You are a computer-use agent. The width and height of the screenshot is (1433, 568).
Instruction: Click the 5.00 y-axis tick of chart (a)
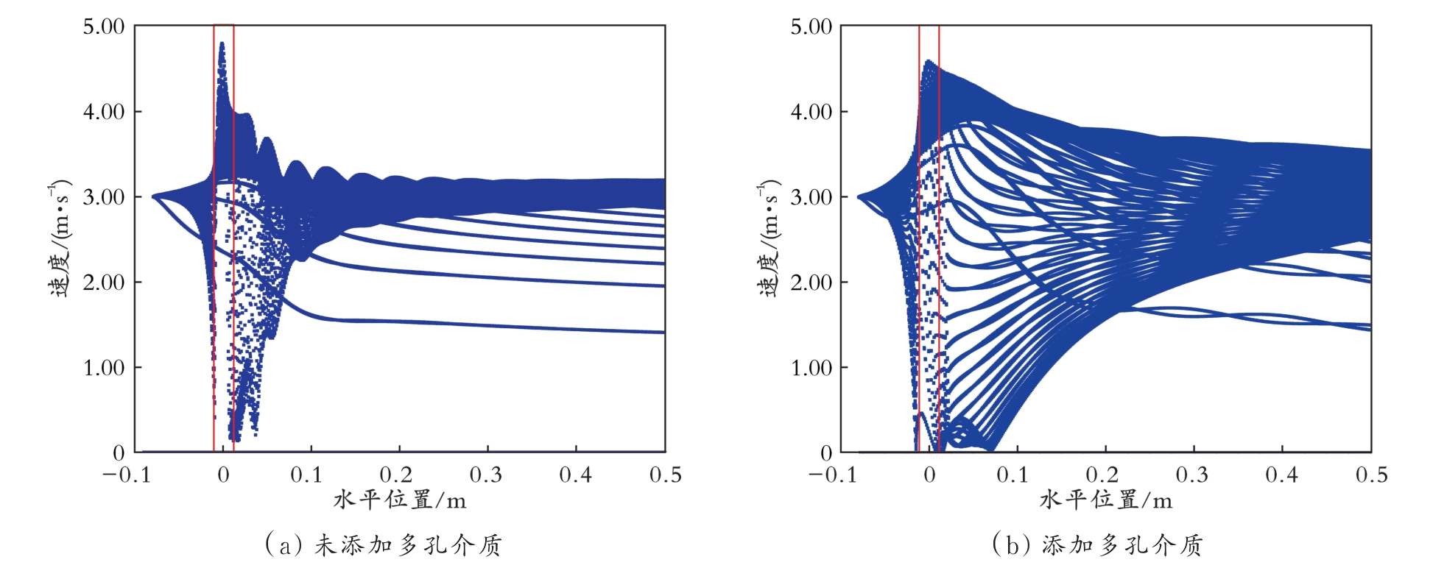(103, 27)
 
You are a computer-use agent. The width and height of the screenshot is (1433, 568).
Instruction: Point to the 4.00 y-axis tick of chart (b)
(811, 113)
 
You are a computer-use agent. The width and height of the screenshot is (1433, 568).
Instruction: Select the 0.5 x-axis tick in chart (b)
(1371, 475)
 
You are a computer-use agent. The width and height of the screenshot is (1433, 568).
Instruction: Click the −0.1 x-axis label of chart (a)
(126, 475)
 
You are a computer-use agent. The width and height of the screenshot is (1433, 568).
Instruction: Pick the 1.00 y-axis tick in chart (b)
(811, 368)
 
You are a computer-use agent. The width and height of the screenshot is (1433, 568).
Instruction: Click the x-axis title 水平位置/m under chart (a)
(400, 501)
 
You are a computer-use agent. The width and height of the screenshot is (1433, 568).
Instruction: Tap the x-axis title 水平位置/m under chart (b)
(1106, 501)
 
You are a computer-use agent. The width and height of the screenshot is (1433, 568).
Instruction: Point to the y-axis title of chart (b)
(767, 239)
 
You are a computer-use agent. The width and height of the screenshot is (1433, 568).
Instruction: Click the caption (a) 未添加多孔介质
(383, 544)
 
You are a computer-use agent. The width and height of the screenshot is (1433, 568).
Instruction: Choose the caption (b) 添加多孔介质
(1097, 544)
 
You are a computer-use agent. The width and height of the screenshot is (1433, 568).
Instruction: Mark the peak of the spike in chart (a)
(222, 44)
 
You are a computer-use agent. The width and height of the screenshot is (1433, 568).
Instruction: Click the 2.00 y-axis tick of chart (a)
(103, 283)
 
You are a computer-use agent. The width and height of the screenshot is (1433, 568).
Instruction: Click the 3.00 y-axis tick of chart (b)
(811, 198)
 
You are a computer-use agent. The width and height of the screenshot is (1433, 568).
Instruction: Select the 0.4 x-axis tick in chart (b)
(1281, 475)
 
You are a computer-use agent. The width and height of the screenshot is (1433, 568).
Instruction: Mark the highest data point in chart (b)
(929, 62)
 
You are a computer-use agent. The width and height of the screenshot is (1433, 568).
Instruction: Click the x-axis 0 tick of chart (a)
(223, 475)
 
